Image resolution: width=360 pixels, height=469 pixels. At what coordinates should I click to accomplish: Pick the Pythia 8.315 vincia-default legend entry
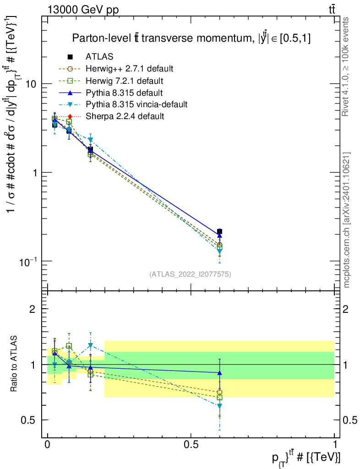[x=136, y=104]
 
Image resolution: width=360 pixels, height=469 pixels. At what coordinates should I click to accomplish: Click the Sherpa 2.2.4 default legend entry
[x=125, y=116]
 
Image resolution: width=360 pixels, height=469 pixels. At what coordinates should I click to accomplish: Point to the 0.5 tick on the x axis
[x=191, y=445]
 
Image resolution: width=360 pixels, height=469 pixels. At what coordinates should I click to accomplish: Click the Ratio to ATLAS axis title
[x=14, y=365]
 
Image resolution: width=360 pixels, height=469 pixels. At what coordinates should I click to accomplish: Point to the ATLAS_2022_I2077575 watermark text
[x=190, y=274]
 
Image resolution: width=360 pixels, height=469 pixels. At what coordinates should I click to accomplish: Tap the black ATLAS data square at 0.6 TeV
[x=220, y=232]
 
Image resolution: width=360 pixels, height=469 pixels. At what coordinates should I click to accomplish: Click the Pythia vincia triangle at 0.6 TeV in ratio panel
[x=220, y=406]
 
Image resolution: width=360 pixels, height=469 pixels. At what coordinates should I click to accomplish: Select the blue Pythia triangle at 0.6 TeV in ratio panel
[x=220, y=373]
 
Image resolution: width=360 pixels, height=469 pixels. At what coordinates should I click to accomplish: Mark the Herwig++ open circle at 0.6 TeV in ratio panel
[x=220, y=392]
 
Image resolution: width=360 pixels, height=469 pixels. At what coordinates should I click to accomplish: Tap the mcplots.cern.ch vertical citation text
[x=347, y=220]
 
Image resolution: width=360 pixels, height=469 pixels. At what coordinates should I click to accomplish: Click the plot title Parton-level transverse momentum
[x=191, y=38]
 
